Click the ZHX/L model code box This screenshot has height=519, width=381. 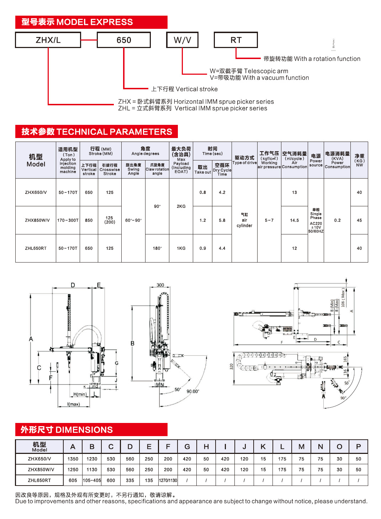tap(48, 40)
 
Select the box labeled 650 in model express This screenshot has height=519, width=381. tap(123, 40)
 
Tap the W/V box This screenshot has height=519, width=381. tap(182, 40)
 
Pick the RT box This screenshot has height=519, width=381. tap(236, 40)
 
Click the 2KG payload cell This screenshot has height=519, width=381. tap(181, 206)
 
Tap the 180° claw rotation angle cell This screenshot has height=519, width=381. tap(157, 248)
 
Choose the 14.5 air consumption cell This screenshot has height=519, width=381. tap(294, 220)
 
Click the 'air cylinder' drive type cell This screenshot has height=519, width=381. tap(244, 220)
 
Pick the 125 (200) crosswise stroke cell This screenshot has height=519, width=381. tap(110, 220)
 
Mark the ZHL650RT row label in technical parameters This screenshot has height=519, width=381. tap(36, 248)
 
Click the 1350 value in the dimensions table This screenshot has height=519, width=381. tap(73, 459)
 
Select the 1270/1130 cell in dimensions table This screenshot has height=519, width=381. tap(168, 480)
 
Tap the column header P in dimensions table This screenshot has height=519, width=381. tap(358, 447)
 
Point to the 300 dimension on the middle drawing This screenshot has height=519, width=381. tap(160, 285)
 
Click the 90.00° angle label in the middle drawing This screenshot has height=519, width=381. tap(193, 391)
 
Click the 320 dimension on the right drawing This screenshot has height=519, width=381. tap(231, 367)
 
